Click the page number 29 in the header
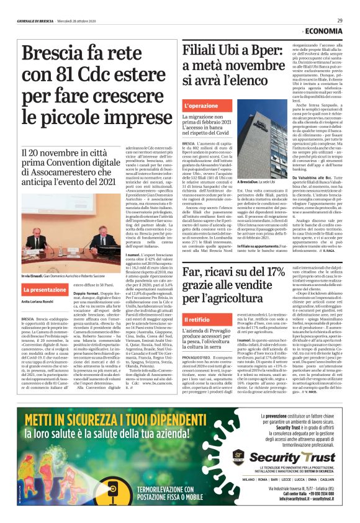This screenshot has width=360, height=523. [340, 20]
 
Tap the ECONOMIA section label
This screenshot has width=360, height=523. [323, 31]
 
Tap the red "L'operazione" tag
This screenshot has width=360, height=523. [200, 106]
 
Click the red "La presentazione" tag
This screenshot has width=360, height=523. [45, 289]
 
